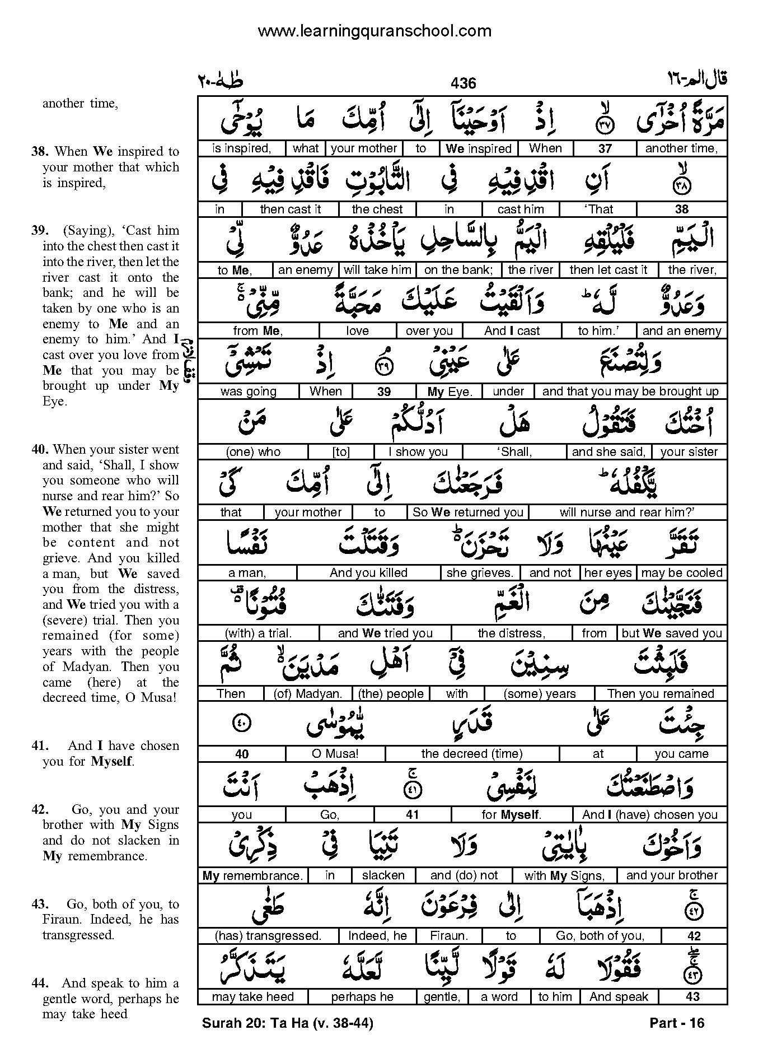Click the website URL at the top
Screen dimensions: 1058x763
(375, 31)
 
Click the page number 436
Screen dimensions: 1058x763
(463, 83)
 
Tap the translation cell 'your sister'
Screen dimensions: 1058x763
(689, 452)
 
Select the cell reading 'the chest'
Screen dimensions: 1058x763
(377, 209)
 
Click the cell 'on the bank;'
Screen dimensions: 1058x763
(458, 270)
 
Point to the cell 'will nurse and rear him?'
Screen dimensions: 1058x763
(627, 512)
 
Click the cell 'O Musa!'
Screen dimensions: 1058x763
(335, 754)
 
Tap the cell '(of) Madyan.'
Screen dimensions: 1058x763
(308, 694)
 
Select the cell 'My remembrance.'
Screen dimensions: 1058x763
(252, 875)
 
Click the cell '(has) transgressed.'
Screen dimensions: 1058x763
(268, 936)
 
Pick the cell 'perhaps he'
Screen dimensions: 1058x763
(362, 997)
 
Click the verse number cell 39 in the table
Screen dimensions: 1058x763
(383, 391)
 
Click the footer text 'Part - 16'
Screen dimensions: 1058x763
(677, 1023)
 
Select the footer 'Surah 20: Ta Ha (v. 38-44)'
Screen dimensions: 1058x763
(287, 1023)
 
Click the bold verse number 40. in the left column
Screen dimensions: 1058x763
(41, 450)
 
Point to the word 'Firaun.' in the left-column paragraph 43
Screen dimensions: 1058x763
(62, 920)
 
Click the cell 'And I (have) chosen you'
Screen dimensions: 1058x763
(649, 815)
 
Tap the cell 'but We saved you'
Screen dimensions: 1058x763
(672, 633)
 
